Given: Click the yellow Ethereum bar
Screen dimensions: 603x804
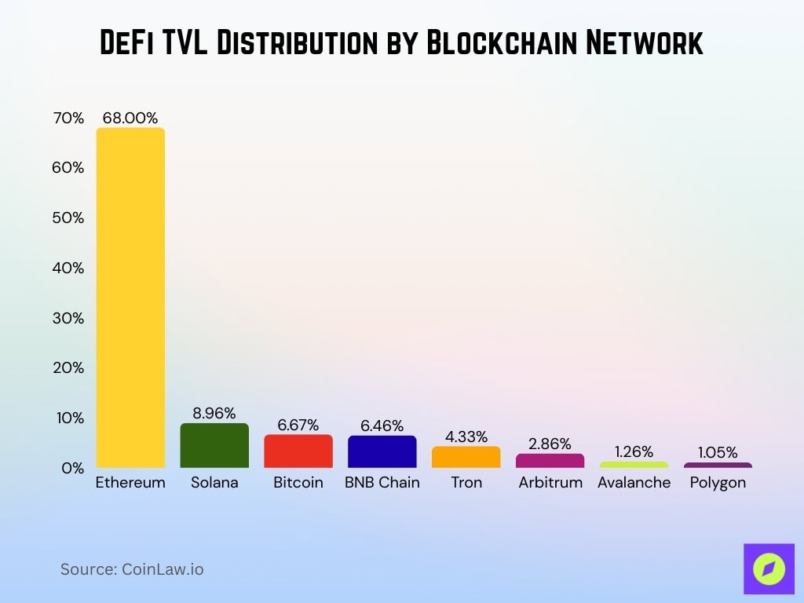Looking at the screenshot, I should (x=130, y=298).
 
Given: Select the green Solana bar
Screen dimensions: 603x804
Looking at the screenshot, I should (x=214, y=446).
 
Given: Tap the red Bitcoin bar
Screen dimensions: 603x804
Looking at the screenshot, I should (x=298, y=451).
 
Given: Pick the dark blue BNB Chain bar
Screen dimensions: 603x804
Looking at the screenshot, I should (x=382, y=452).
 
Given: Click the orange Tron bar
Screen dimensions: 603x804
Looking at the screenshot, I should (x=466, y=457).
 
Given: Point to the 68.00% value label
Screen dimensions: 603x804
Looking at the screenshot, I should (x=130, y=117).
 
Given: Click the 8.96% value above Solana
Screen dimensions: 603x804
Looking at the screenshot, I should (x=214, y=413).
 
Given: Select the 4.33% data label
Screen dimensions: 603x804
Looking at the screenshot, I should (x=466, y=436).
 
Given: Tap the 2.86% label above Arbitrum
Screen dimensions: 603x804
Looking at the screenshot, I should (x=550, y=444).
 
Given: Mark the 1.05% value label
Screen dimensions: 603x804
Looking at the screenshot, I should (x=718, y=452).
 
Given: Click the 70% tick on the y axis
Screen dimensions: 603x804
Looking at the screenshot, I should (x=68, y=118).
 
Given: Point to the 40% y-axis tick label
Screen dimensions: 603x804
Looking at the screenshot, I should (x=68, y=268).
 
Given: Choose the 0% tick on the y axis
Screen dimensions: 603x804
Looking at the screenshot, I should (x=72, y=468).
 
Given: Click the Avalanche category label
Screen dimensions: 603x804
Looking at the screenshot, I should (x=634, y=483).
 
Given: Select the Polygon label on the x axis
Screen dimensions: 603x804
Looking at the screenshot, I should (x=718, y=483).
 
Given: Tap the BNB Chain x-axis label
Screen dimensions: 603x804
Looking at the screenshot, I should (x=382, y=483).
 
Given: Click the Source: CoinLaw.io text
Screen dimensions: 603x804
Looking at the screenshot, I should (x=132, y=569).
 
